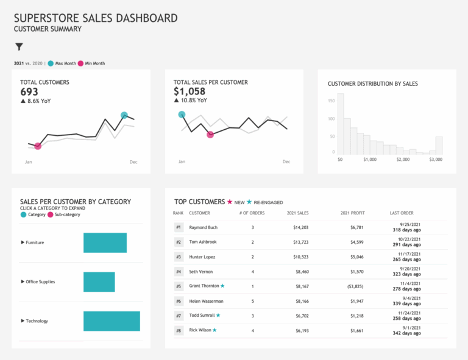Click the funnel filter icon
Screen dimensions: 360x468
19,47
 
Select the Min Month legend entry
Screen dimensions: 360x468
93,63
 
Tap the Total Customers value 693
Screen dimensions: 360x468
29,92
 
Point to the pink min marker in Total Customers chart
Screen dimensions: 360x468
38,146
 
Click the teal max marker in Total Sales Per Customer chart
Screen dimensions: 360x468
182,115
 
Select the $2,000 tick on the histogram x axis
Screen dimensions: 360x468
403,160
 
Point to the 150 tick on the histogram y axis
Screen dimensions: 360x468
331,101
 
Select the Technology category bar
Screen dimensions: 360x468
112,321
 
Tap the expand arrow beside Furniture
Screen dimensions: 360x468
23,242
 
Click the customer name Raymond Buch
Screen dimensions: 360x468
203,227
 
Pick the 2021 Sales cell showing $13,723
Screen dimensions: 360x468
297,242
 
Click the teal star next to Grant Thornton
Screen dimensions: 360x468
222,286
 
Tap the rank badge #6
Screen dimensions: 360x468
179,301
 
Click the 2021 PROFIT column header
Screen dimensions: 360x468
352,213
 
